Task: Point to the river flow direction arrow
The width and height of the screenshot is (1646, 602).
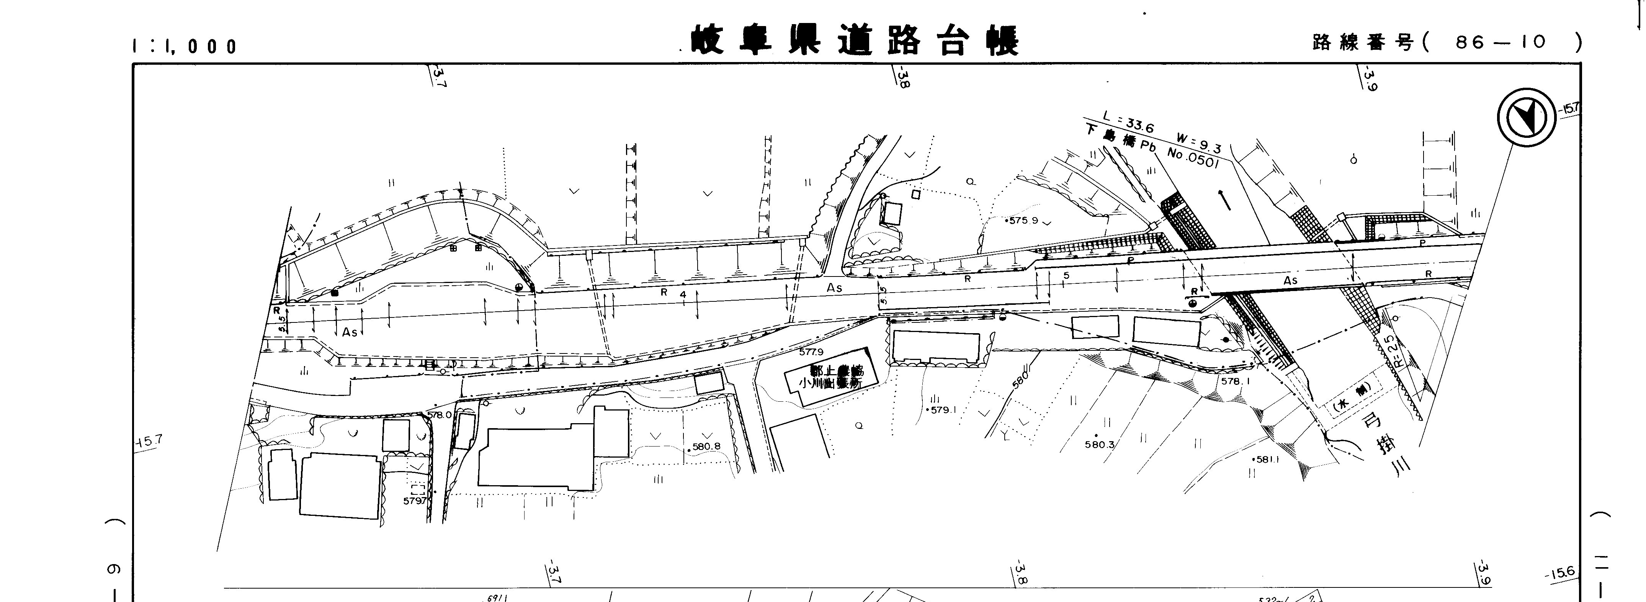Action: click(1224, 200)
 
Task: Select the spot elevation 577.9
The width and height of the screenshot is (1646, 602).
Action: click(811, 352)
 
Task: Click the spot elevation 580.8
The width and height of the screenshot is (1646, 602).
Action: click(706, 447)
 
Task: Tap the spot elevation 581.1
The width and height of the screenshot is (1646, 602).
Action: click(1267, 459)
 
